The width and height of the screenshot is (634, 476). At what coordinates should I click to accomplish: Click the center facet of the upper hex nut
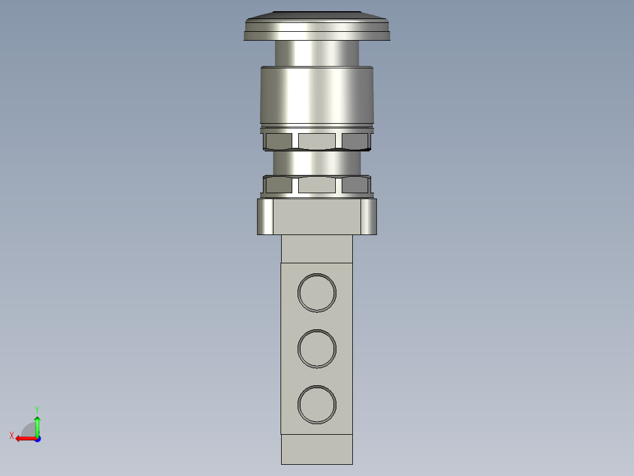tap(316, 141)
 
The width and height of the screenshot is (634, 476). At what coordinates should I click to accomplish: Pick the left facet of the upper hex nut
tap(278, 141)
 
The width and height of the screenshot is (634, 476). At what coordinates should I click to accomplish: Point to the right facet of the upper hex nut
tap(355, 141)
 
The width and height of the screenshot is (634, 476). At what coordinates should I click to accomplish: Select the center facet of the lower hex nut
tap(316, 185)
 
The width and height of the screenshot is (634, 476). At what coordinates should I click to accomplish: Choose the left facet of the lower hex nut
tap(278, 185)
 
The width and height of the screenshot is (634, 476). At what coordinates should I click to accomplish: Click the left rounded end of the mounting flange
tap(265, 217)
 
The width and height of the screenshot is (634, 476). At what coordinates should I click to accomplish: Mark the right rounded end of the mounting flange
tap(368, 217)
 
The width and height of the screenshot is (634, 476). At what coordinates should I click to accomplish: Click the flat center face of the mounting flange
tap(316, 217)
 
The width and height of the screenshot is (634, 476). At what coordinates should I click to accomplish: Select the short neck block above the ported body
tap(316, 249)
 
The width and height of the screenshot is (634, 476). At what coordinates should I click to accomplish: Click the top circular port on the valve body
tap(317, 293)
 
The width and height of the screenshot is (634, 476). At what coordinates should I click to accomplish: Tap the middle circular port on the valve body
tap(317, 349)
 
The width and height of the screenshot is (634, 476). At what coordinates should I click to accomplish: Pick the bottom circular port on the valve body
tap(317, 405)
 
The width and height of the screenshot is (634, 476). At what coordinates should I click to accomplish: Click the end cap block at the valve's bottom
tap(316, 449)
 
